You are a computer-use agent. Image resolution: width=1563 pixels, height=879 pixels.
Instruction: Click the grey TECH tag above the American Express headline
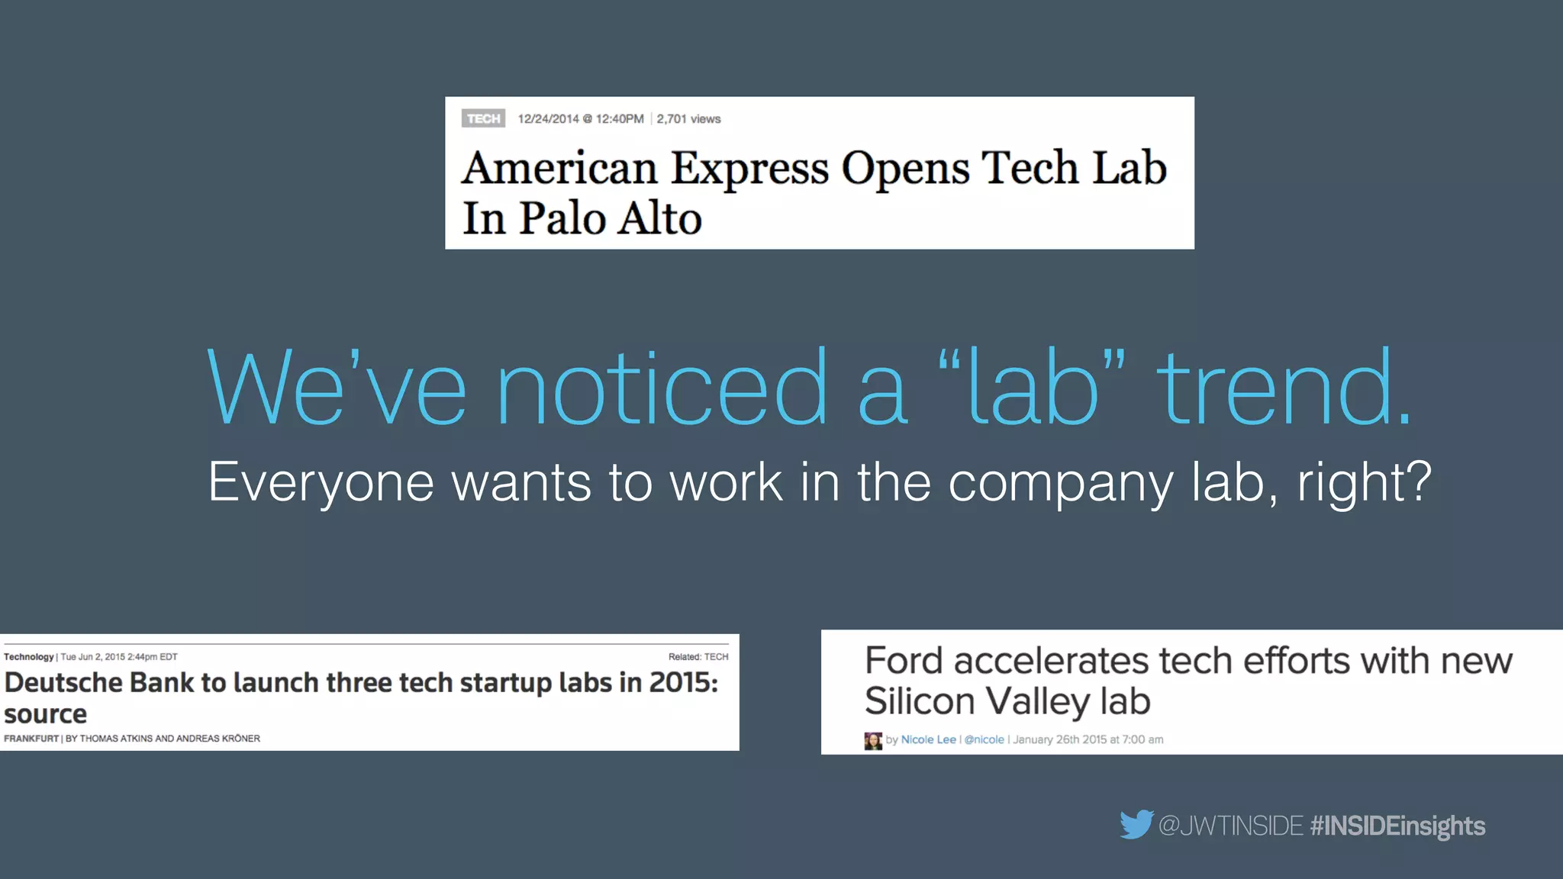[x=483, y=119]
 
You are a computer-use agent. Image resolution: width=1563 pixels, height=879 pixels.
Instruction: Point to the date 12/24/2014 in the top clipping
[x=548, y=119]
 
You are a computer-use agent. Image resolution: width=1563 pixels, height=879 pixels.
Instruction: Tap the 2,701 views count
[x=688, y=119]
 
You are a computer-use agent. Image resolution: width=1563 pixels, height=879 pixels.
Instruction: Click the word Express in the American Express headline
[x=749, y=169]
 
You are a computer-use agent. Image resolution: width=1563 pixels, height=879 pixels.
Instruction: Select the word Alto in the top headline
[x=659, y=219]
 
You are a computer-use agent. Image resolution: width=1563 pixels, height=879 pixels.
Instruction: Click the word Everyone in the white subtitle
[x=321, y=483]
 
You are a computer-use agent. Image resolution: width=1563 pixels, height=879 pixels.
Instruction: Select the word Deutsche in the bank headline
[x=64, y=683]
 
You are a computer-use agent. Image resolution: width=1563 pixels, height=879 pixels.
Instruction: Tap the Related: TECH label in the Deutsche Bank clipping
[x=698, y=657]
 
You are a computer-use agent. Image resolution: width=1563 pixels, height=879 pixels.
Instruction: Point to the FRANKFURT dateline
[x=31, y=739]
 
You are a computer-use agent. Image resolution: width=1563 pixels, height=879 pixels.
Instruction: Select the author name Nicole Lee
[x=928, y=739]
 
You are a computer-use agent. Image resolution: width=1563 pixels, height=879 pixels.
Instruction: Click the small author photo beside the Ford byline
[x=873, y=740]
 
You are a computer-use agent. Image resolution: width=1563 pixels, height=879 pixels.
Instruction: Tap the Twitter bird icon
[x=1136, y=825]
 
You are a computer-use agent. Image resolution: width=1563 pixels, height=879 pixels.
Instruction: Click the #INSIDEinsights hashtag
[x=1397, y=826]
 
